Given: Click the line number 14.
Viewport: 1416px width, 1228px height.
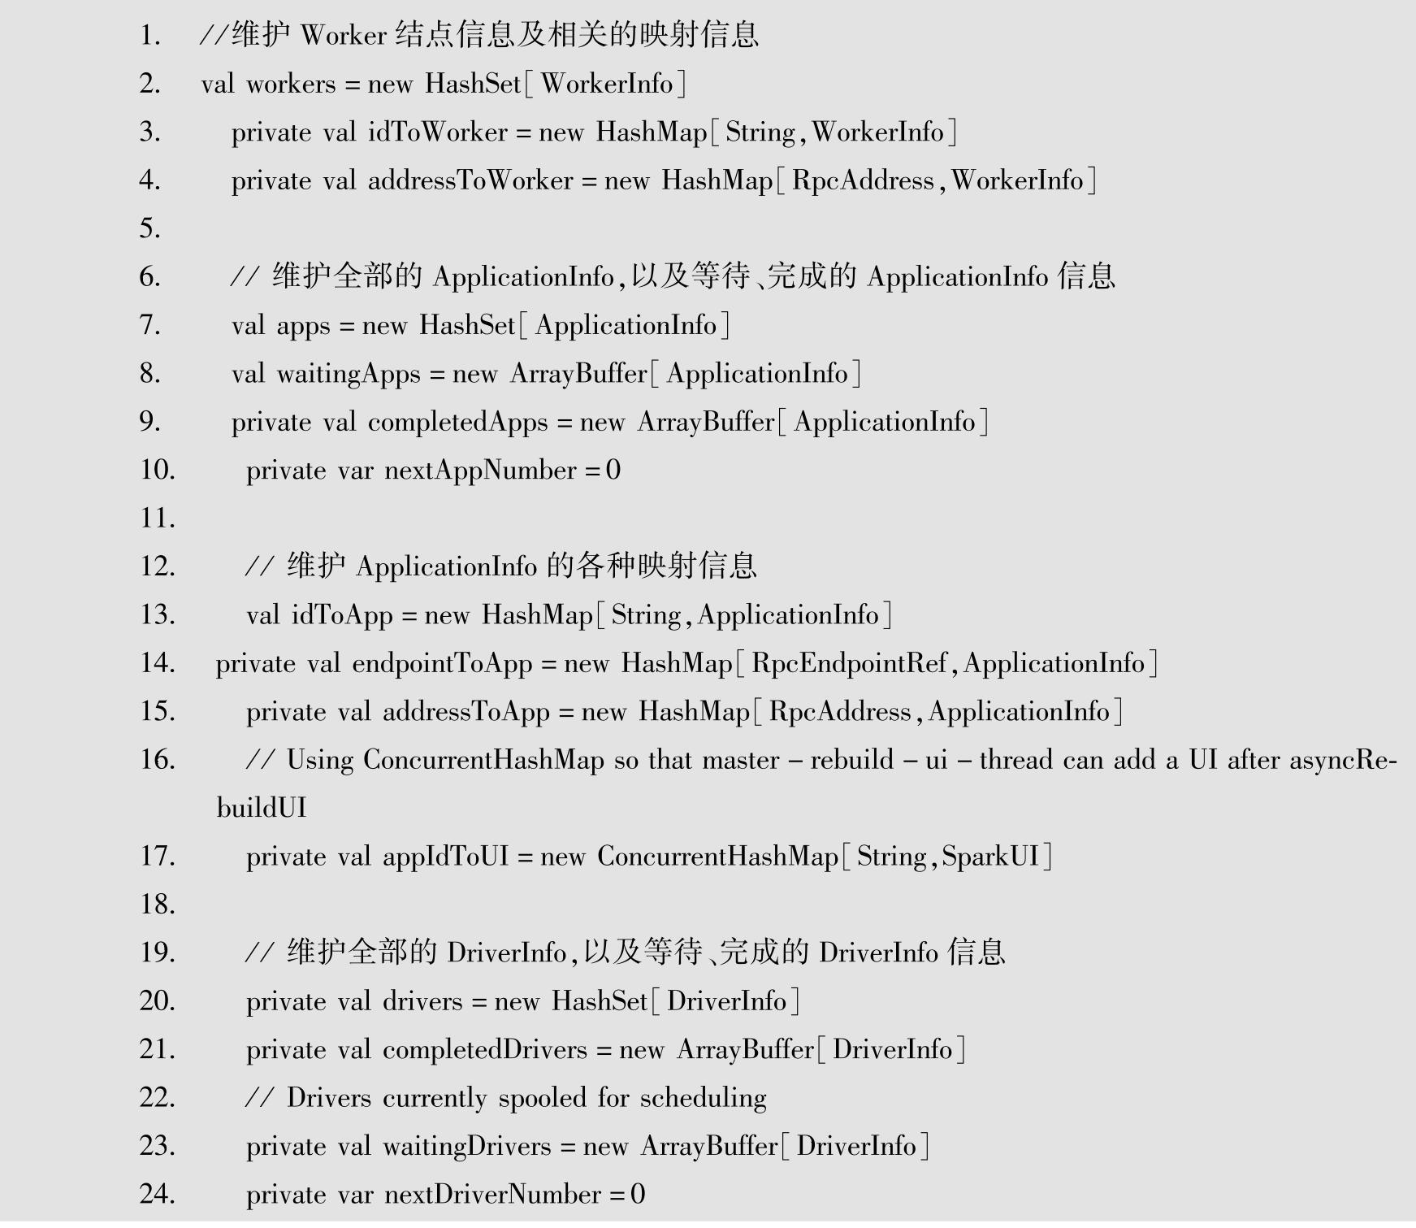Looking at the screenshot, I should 157,662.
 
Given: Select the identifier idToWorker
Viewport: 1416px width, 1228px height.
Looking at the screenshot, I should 437,132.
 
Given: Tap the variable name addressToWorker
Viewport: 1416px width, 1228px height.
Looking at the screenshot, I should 470,180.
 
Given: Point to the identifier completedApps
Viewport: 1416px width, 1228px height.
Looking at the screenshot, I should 457,422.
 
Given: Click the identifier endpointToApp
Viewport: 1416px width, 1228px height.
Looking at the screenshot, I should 442,663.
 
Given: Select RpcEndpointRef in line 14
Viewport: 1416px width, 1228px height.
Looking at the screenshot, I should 848,663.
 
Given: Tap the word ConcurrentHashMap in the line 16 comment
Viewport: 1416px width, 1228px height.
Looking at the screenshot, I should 483,759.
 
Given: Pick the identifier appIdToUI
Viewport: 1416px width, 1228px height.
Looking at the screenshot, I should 445,856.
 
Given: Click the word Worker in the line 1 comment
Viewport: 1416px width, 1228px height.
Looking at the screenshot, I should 343,35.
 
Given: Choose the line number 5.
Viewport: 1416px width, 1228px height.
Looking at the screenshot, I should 149,228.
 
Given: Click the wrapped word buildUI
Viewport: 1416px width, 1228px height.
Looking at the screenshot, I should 261,808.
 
